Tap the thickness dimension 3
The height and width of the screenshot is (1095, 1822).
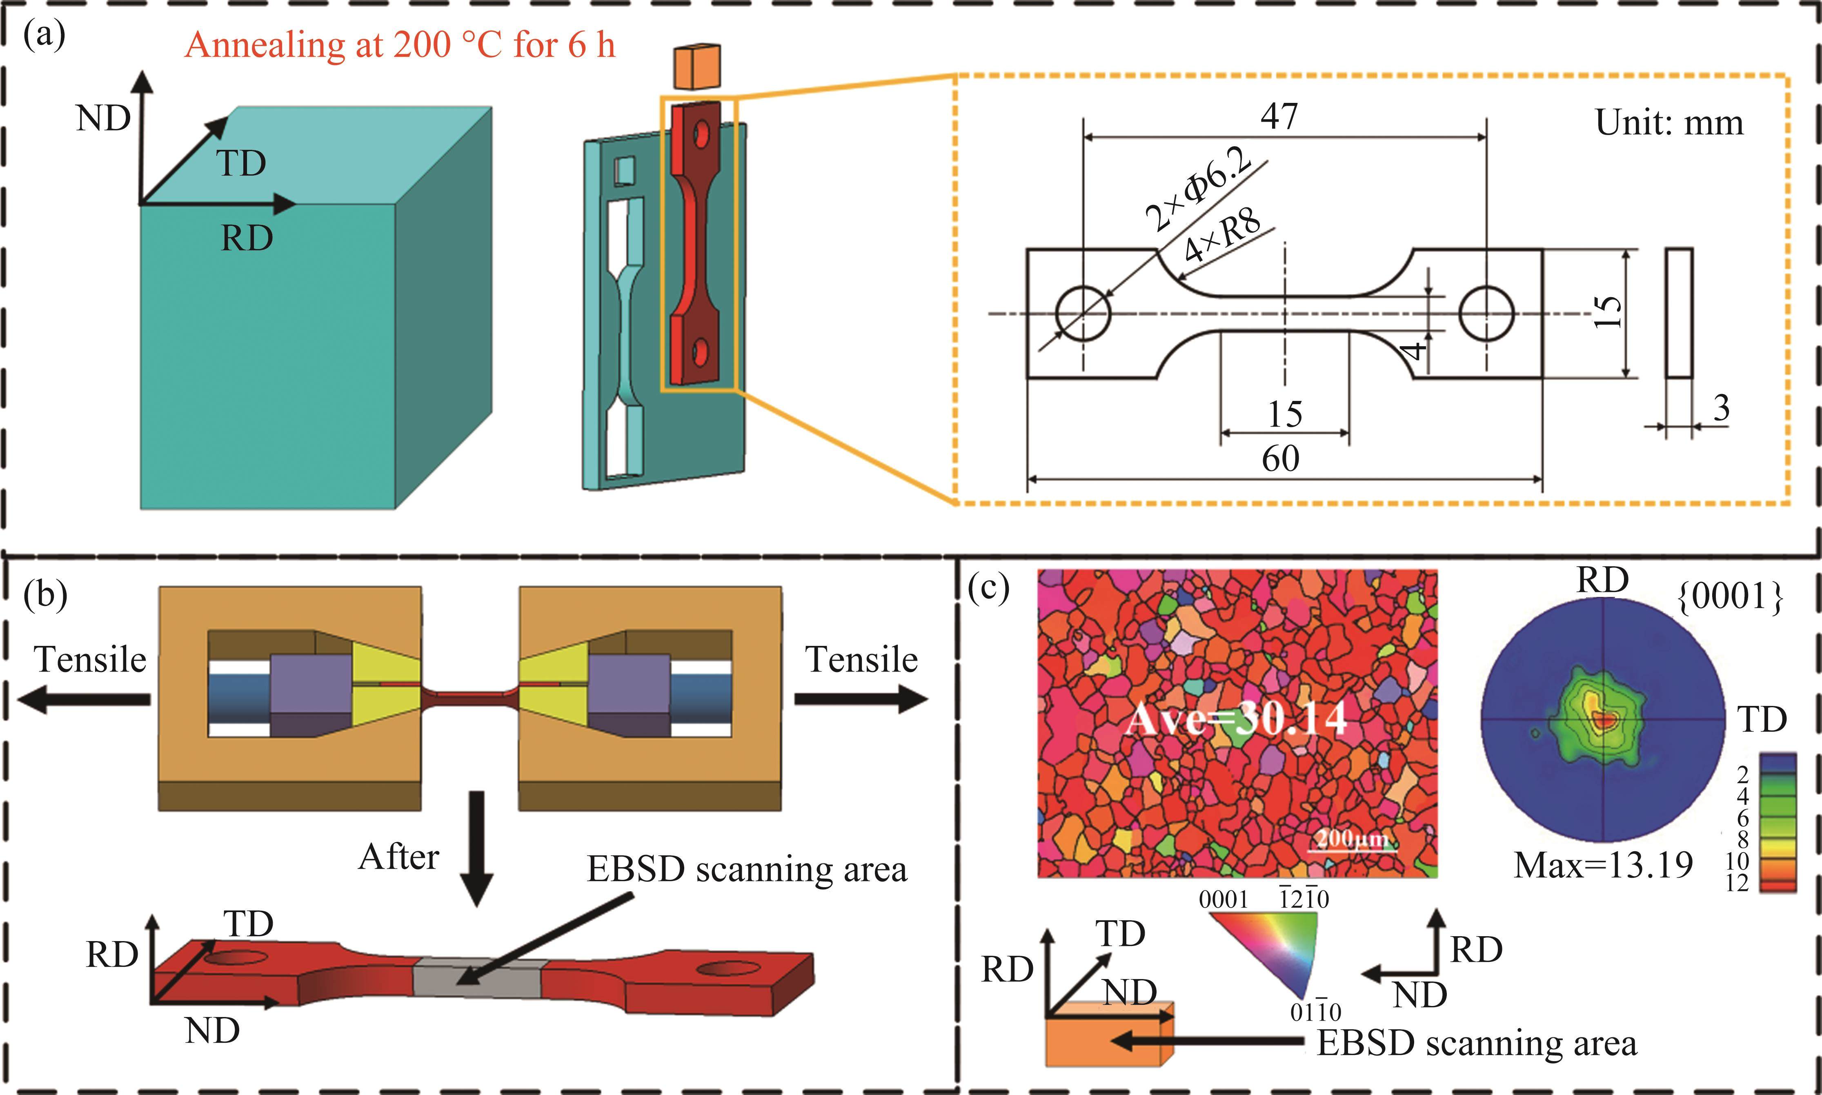click(x=1721, y=408)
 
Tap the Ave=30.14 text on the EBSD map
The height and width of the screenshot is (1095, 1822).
click(x=1237, y=717)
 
